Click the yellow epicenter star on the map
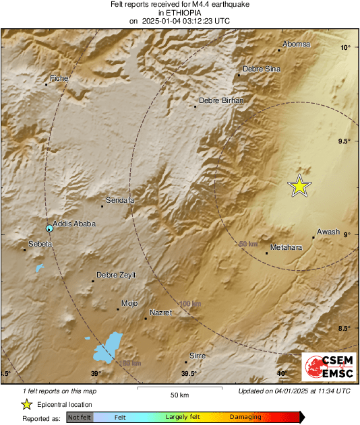[299, 186]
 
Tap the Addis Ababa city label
[74, 224]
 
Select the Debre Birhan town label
[220, 100]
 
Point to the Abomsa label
[297, 44]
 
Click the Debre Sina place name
[261, 69]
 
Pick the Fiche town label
[59, 79]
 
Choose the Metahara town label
[286, 248]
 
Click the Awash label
[328, 232]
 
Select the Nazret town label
[160, 313]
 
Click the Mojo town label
[128, 304]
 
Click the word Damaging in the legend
[245, 417]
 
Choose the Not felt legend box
[79, 417]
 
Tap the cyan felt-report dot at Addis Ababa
[49, 228]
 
